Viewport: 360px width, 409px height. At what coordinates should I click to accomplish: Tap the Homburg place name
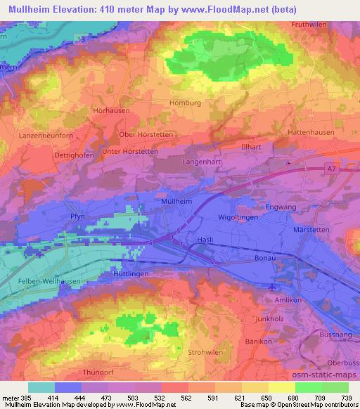click(x=186, y=102)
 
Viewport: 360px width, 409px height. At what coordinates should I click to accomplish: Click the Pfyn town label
click(x=77, y=217)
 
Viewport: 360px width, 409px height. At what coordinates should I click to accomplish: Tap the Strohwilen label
click(x=204, y=351)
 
